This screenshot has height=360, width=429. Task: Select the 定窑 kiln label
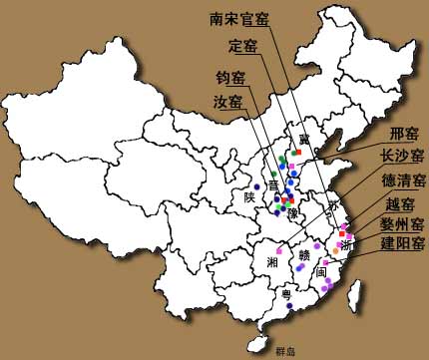[242, 46]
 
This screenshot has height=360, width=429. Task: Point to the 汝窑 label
[229, 102]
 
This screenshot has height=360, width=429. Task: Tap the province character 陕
[249, 196]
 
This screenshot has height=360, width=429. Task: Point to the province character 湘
[272, 261]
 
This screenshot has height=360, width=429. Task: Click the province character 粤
[286, 295]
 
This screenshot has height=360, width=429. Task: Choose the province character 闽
[320, 270]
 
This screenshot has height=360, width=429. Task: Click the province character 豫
[292, 214]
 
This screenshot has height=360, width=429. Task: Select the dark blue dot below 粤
[288, 307]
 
